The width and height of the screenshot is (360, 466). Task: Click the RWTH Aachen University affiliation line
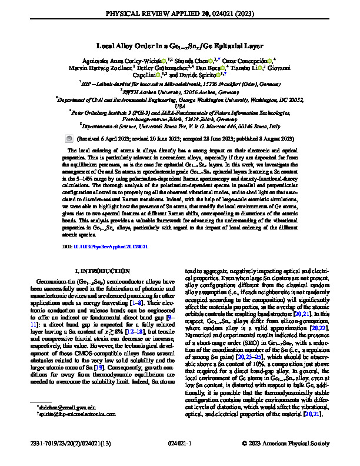(179, 91)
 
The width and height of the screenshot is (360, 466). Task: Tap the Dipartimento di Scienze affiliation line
(179, 125)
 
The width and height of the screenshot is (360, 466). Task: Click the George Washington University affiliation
(179, 99)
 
